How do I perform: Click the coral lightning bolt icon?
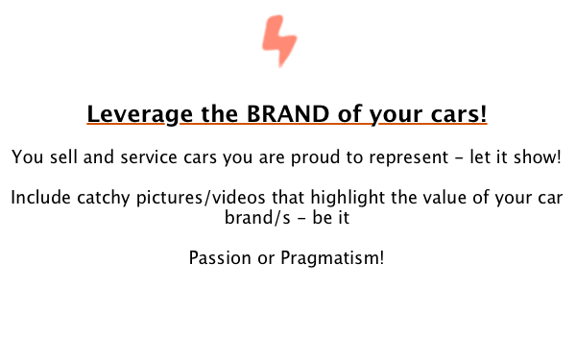point(279,40)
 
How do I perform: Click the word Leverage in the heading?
point(140,114)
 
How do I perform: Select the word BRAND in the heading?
point(288,114)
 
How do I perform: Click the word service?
point(149,157)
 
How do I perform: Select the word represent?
point(409,158)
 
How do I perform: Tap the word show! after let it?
point(538,157)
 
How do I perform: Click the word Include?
point(40,198)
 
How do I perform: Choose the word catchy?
point(104,199)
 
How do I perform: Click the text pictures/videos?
point(201,199)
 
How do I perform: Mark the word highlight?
point(348,199)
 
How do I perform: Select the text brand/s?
point(257,218)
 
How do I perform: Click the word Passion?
point(220,257)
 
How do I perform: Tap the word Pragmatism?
point(332,258)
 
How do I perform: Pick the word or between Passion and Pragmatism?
point(266,259)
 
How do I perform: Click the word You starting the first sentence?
point(28,157)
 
